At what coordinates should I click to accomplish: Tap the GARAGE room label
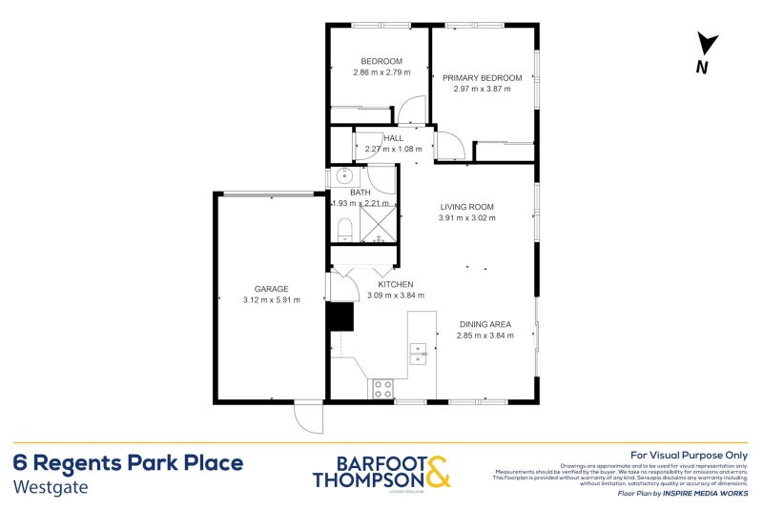click(x=271, y=289)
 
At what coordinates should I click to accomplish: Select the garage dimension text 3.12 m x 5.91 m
click(x=271, y=300)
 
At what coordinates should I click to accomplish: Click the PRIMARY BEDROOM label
click(x=482, y=77)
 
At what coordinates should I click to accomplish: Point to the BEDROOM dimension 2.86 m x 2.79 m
click(x=381, y=72)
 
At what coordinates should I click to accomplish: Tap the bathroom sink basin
click(x=344, y=177)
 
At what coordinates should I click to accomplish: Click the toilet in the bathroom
click(x=345, y=228)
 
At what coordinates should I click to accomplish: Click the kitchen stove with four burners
click(x=381, y=389)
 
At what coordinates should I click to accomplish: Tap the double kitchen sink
click(x=418, y=354)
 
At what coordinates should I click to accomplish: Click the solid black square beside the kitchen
click(x=340, y=317)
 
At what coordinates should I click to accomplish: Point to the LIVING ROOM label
click(x=466, y=207)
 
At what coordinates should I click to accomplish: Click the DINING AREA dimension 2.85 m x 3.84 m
click(x=485, y=336)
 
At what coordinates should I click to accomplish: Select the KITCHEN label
click(x=395, y=285)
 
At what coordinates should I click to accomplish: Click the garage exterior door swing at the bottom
click(x=308, y=417)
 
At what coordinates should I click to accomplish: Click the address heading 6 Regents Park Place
click(x=128, y=463)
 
